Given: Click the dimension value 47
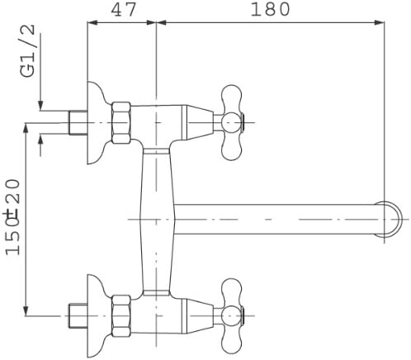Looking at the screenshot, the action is (123, 10).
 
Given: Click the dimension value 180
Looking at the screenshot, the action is (270, 10).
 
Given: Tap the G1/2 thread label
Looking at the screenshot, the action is (27, 51).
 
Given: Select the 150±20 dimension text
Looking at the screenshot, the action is (13, 217).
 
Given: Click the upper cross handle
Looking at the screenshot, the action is (232, 122).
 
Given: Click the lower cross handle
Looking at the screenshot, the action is (232, 315).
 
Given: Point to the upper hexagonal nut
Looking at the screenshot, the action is (121, 123).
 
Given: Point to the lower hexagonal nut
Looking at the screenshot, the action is (121, 316).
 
